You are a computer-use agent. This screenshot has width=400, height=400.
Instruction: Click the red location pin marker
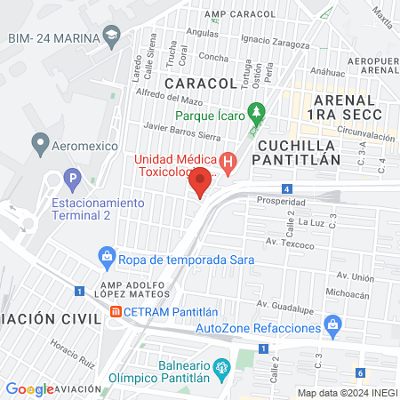coord(201,181)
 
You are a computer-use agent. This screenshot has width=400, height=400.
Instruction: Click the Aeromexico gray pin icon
coord(40,142)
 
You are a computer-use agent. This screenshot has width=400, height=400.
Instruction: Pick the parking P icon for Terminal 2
coord(73,178)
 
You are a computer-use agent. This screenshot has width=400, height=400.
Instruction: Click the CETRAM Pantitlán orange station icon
coord(116,311)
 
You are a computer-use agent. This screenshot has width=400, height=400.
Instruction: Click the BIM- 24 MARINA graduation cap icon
coord(111,36)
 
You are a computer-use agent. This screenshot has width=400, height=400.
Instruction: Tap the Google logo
coord(29,389)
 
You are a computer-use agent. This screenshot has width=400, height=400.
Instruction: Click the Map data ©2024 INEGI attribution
coord(347,393)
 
